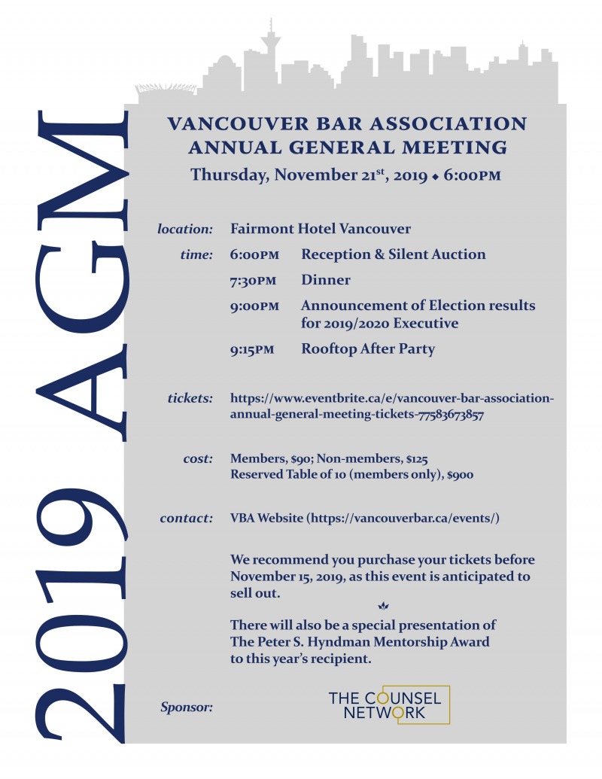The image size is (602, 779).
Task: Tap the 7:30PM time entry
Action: click(x=254, y=280)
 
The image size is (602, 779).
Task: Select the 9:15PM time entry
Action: click(x=254, y=349)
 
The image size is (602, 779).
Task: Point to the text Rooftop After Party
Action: click(x=368, y=349)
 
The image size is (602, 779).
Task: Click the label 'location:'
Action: click(x=185, y=228)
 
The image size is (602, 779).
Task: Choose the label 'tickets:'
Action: click(x=190, y=397)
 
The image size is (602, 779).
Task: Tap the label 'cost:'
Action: click(x=198, y=458)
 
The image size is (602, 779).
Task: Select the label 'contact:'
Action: click(x=187, y=519)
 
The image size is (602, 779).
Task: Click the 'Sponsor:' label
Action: click(x=187, y=707)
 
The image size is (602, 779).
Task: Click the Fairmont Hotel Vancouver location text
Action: click(x=321, y=228)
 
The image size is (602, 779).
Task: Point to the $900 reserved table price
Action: click(x=460, y=475)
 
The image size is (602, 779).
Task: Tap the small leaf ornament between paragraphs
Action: click(x=382, y=606)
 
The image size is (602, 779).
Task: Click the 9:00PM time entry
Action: click(x=254, y=306)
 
